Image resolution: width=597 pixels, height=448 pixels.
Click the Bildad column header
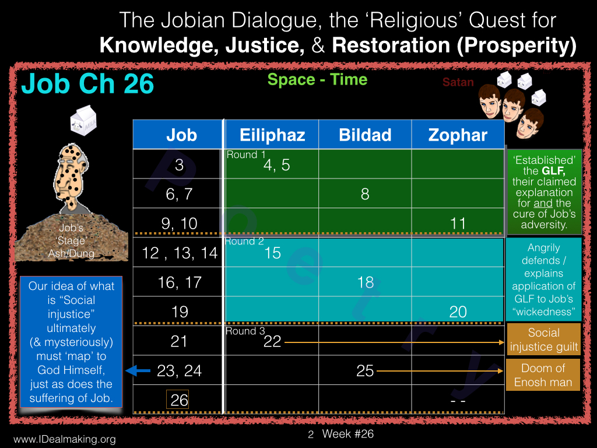pos(365,135)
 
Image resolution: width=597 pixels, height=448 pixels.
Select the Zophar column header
pos(458,135)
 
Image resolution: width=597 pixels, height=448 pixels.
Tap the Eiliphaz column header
pos(272,135)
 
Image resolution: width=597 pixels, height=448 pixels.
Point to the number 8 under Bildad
pos(365,194)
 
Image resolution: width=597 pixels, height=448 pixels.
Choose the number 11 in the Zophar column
pos(458,223)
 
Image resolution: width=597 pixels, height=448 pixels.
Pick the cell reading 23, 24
pos(179,370)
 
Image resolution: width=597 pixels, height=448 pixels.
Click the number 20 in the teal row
pos(458,312)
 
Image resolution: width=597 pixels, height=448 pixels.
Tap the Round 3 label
pos(245,331)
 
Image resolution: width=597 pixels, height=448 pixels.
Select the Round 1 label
pos(246,155)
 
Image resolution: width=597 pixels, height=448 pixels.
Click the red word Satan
pos(458,82)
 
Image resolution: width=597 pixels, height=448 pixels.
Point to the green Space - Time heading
pos(317,79)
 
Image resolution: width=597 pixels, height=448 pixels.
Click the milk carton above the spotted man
pos(83,120)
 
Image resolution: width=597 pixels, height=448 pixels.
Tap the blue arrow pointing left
pos(138,370)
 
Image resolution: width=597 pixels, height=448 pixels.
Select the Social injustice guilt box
pos(544,339)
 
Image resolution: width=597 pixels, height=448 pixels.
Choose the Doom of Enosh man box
pos(543,375)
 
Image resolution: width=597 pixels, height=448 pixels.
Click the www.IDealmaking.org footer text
pos(64,439)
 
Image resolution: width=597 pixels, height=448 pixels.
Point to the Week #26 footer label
pos(348,434)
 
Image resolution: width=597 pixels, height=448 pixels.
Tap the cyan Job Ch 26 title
pos(87,83)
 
